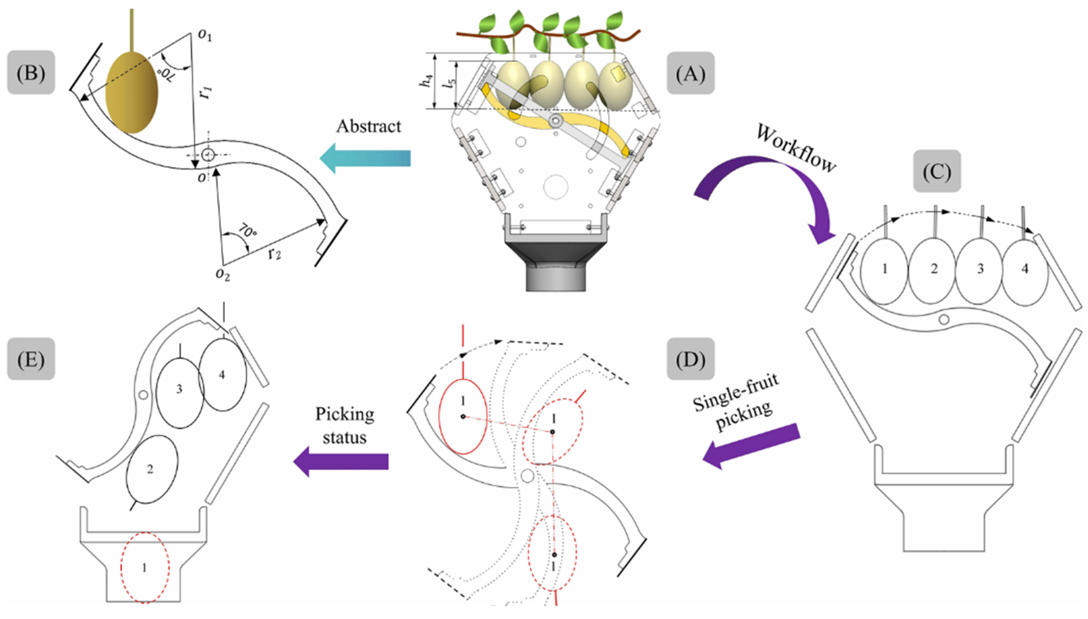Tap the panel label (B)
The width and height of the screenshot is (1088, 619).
[x=31, y=73]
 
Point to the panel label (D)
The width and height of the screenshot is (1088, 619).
[x=690, y=359]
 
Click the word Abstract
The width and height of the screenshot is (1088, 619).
[x=368, y=126]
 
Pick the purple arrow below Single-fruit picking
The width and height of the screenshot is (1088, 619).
[x=751, y=446]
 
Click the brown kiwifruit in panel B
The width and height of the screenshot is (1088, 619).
[x=132, y=92]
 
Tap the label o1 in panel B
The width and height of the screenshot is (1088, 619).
[x=205, y=36]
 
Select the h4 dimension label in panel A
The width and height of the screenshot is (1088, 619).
[x=426, y=81]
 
